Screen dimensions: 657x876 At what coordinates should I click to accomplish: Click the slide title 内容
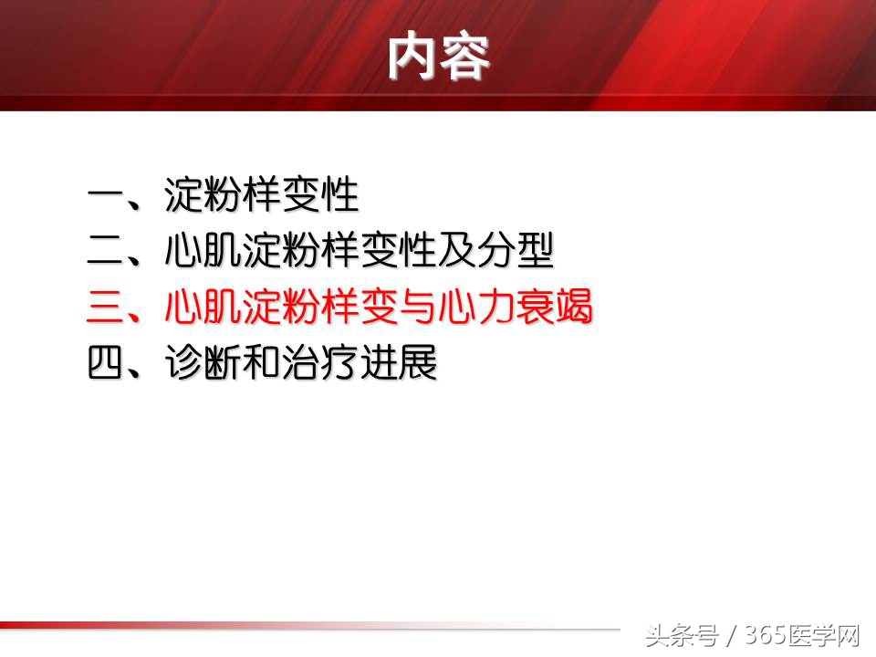coord(439,56)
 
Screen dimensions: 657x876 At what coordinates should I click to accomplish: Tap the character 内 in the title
coord(412,56)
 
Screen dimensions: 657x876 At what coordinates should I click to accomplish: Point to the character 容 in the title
coord(465,56)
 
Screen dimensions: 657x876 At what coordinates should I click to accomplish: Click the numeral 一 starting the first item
coord(107,195)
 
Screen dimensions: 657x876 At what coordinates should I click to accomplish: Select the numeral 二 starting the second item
coord(107,252)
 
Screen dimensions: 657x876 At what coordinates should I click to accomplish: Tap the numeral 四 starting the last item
coord(107,364)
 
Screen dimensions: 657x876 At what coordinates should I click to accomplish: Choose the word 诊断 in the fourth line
coord(203,364)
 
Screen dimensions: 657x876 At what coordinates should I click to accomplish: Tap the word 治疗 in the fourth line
coord(320,364)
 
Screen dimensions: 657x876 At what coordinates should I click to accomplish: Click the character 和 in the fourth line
coord(262,364)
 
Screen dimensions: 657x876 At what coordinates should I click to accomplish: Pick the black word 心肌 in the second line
coord(203,252)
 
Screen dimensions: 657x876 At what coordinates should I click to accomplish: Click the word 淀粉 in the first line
coord(203,195)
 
